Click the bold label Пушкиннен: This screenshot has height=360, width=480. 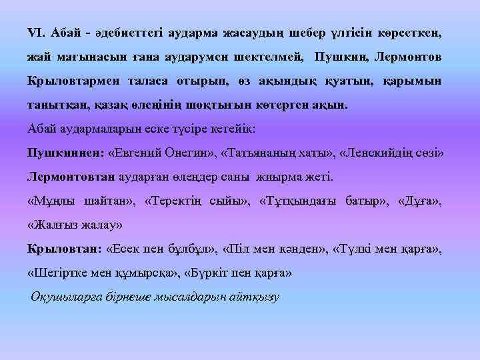pos(64,152)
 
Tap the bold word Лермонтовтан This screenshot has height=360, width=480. pos(71,177)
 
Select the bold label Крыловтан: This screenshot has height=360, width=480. pos(63,249)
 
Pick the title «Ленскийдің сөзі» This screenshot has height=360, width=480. pos(391,152)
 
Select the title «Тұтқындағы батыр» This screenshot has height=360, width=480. pos(317,201)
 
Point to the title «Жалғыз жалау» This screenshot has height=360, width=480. pos(74,225)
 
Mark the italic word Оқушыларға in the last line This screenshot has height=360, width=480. pos(64,297)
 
